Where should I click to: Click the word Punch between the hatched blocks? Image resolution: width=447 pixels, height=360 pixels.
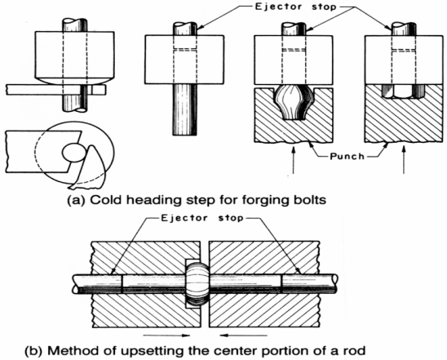(347, 156)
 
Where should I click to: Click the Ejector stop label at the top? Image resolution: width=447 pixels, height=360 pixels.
(295, 7)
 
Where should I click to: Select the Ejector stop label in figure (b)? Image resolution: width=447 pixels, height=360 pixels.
(202, 218)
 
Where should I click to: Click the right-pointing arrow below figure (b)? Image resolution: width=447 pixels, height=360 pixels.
(166, 336)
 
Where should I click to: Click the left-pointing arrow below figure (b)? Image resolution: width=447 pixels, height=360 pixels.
(243, 336)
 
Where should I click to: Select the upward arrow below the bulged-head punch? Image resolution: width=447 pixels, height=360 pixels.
(294, 160)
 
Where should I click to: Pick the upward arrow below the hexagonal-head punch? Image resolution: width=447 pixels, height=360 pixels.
(403, 160)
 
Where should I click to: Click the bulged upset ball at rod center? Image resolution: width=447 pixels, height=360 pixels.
(197, 284)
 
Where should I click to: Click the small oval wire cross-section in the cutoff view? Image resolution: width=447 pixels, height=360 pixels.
(73, 153)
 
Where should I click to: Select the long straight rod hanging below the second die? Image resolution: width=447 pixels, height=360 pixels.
(184, 109)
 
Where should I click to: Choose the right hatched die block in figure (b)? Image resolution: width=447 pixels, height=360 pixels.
(264, 284)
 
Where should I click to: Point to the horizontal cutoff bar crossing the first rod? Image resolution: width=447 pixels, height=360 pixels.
(55, 90)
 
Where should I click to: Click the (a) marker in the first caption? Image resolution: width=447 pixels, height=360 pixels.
(76, 200)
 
